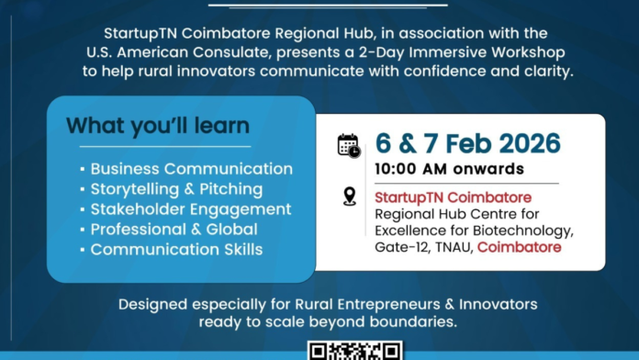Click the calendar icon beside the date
tap(348, 145)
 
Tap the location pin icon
tap(349, 197)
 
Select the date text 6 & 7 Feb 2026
tap(467, 144)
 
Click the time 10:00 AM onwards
tap(449, 169)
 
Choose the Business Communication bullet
tap(191, 169)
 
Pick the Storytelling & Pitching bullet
tap(176, 189)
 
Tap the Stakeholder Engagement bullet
tap(190, 209)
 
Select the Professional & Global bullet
tap(173, 230)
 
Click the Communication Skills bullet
tap(176, 250)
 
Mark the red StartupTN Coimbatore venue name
tap(454, 197)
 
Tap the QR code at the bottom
tap(354, 351)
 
